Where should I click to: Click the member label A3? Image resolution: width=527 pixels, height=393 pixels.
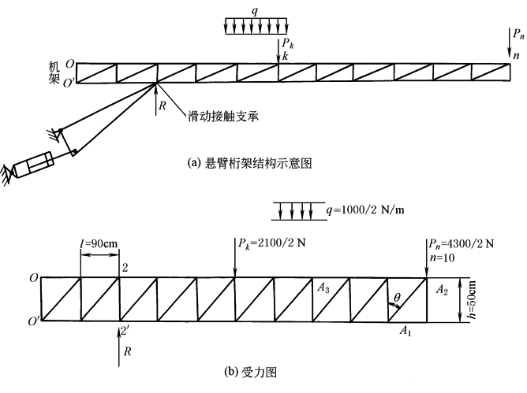[323, 288]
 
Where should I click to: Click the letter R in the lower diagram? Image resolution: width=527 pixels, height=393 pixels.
[126, 354]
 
